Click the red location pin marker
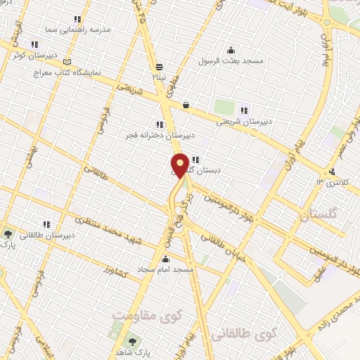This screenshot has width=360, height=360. pyautogui.click(x=180, y=165)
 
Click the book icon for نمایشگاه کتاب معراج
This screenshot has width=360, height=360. pyautogui.click(x=67, y=61)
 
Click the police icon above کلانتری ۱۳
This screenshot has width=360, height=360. pyautogui.click(x=332, y=172)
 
